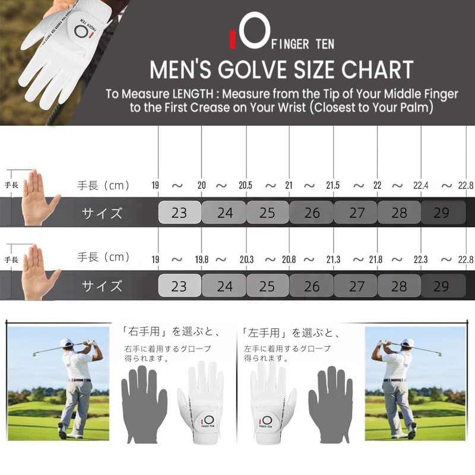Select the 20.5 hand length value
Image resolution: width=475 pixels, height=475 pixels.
point(246,185)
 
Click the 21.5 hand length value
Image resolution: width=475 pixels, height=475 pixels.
point(332,185)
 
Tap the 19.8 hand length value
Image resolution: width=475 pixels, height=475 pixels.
point(202,259)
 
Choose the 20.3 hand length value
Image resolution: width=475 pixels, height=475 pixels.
point(246,259)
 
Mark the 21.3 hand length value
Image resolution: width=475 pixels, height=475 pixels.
point(332,259)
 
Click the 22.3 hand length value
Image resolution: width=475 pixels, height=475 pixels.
point(420,259)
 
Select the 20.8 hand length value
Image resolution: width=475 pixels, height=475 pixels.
point(289,259)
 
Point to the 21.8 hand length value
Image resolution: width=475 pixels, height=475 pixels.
point(375,259)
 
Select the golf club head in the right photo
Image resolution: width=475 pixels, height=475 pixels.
point(439,354)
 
